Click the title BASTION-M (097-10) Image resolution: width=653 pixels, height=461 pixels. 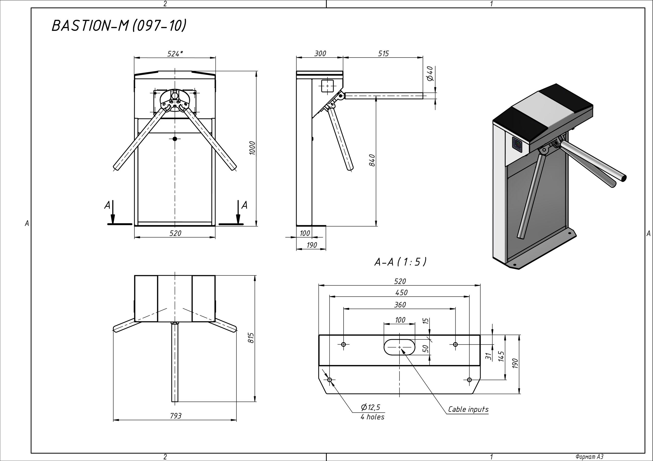[119, 25]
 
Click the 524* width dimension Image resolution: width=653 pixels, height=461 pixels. [175, 54]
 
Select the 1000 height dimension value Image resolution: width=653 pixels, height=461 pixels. [252, 148]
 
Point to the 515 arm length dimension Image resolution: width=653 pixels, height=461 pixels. [383, 54]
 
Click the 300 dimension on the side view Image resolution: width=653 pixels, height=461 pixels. [320, 54]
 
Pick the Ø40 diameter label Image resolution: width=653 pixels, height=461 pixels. [430, 73]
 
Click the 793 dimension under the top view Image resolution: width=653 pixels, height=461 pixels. [175, 416]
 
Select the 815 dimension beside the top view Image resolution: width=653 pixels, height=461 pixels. [250, 338]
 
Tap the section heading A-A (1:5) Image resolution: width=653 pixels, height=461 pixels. [400, 262]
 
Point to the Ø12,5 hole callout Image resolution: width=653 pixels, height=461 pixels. [370, 407]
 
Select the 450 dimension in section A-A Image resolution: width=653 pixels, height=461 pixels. [401, 293]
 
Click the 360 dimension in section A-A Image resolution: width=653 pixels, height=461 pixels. [400, 305]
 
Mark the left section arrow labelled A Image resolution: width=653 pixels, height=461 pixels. [113, 212]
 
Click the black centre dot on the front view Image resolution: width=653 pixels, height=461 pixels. [175, 139]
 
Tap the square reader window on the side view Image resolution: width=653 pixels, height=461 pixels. [327, 86]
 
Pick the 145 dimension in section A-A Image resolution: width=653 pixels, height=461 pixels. [501, 357]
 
